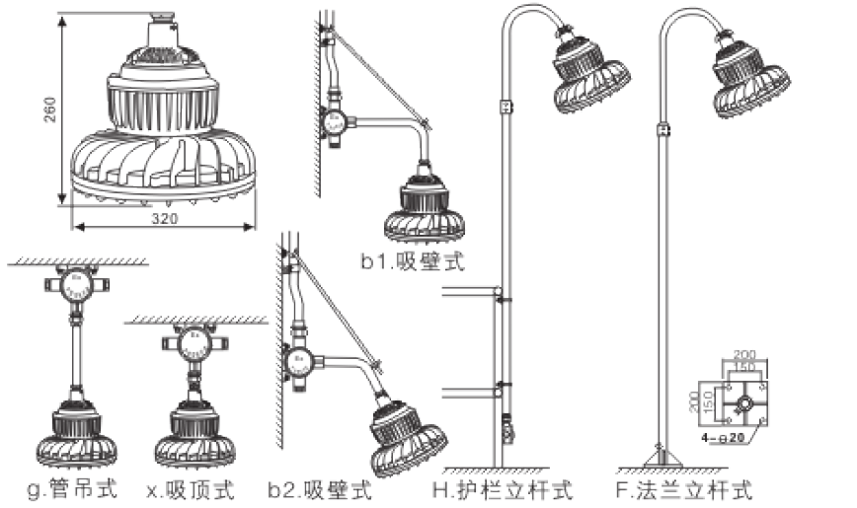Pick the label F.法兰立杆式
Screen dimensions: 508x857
tap(683, 489)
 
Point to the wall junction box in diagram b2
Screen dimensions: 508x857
tap(299, 361)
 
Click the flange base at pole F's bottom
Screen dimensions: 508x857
tap(662, 459)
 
